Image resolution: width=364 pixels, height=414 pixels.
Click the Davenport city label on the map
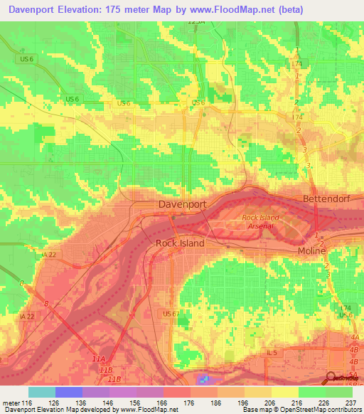tap(181, 204)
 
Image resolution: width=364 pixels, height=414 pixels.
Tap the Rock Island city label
tap(180, 243)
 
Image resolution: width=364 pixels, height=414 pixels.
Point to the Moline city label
tap(311, 251)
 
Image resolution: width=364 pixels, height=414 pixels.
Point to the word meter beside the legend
tap(11, 403)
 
